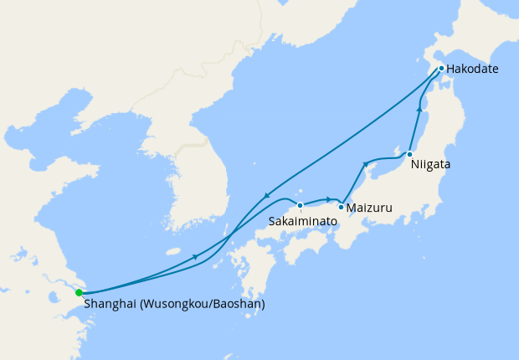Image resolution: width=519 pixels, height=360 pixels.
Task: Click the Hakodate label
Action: [x=472, y=69]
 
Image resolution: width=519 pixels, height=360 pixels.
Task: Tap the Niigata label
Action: [x=430, y=165]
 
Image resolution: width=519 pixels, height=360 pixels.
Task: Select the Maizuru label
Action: [x=370, y=207]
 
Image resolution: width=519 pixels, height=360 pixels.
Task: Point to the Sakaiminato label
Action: [x=303, y=221]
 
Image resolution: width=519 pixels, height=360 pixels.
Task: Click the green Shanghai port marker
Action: [x=79, y=293]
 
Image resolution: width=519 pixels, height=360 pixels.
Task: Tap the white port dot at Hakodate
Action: [x=441, y=68]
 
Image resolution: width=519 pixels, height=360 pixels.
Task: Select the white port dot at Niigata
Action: [x=409, y=154]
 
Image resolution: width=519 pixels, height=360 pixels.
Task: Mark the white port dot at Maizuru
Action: [x=342, y=206]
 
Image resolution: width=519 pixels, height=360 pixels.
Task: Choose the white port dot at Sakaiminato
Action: [x=300, y=205]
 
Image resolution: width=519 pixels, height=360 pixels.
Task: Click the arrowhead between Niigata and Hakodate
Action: [x=419, y=109]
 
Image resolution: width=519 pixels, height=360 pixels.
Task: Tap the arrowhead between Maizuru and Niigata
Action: [x=365, y=164]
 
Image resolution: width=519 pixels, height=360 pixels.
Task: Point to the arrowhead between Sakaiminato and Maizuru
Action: [x=329, y=198]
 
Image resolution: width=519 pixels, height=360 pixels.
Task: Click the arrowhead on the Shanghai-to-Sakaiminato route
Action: [x=196, y=257]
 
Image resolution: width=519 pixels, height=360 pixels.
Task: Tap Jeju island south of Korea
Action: [x=174, y=251]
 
